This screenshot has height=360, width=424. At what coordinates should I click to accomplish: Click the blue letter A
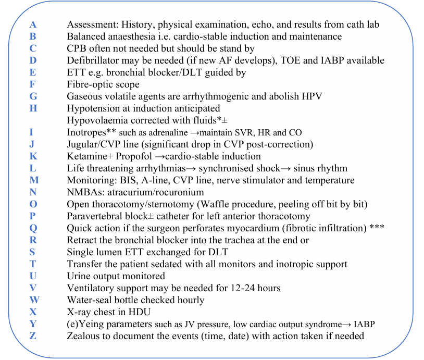(33, 24)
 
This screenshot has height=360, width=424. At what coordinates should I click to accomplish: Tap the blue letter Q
(33, 228)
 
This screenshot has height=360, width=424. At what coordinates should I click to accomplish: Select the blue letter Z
(33, 336)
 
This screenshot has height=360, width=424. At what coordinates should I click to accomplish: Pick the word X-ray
(79, 312)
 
